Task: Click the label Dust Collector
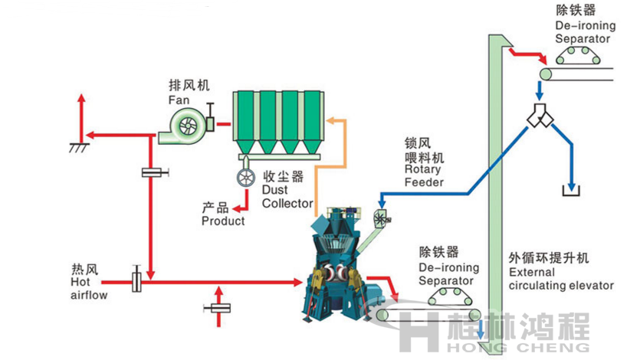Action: (287, 197)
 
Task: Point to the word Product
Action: (223, 221)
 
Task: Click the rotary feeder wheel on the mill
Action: (382, 216)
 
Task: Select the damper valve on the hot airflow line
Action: (137, 280)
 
